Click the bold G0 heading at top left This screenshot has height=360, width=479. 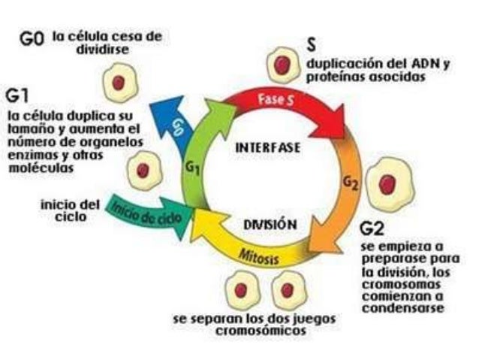coord(34,40)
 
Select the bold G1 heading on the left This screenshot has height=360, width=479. coord(18,96)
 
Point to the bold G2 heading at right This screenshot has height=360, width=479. coord(372,227)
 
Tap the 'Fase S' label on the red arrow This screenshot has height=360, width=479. coord(276,98)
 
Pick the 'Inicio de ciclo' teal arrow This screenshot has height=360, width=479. coord(146,212)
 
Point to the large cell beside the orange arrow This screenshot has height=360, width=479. coord(387,184)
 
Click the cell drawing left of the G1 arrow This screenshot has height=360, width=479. coord(142,170)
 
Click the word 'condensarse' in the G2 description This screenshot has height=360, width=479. coord(401,308)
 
